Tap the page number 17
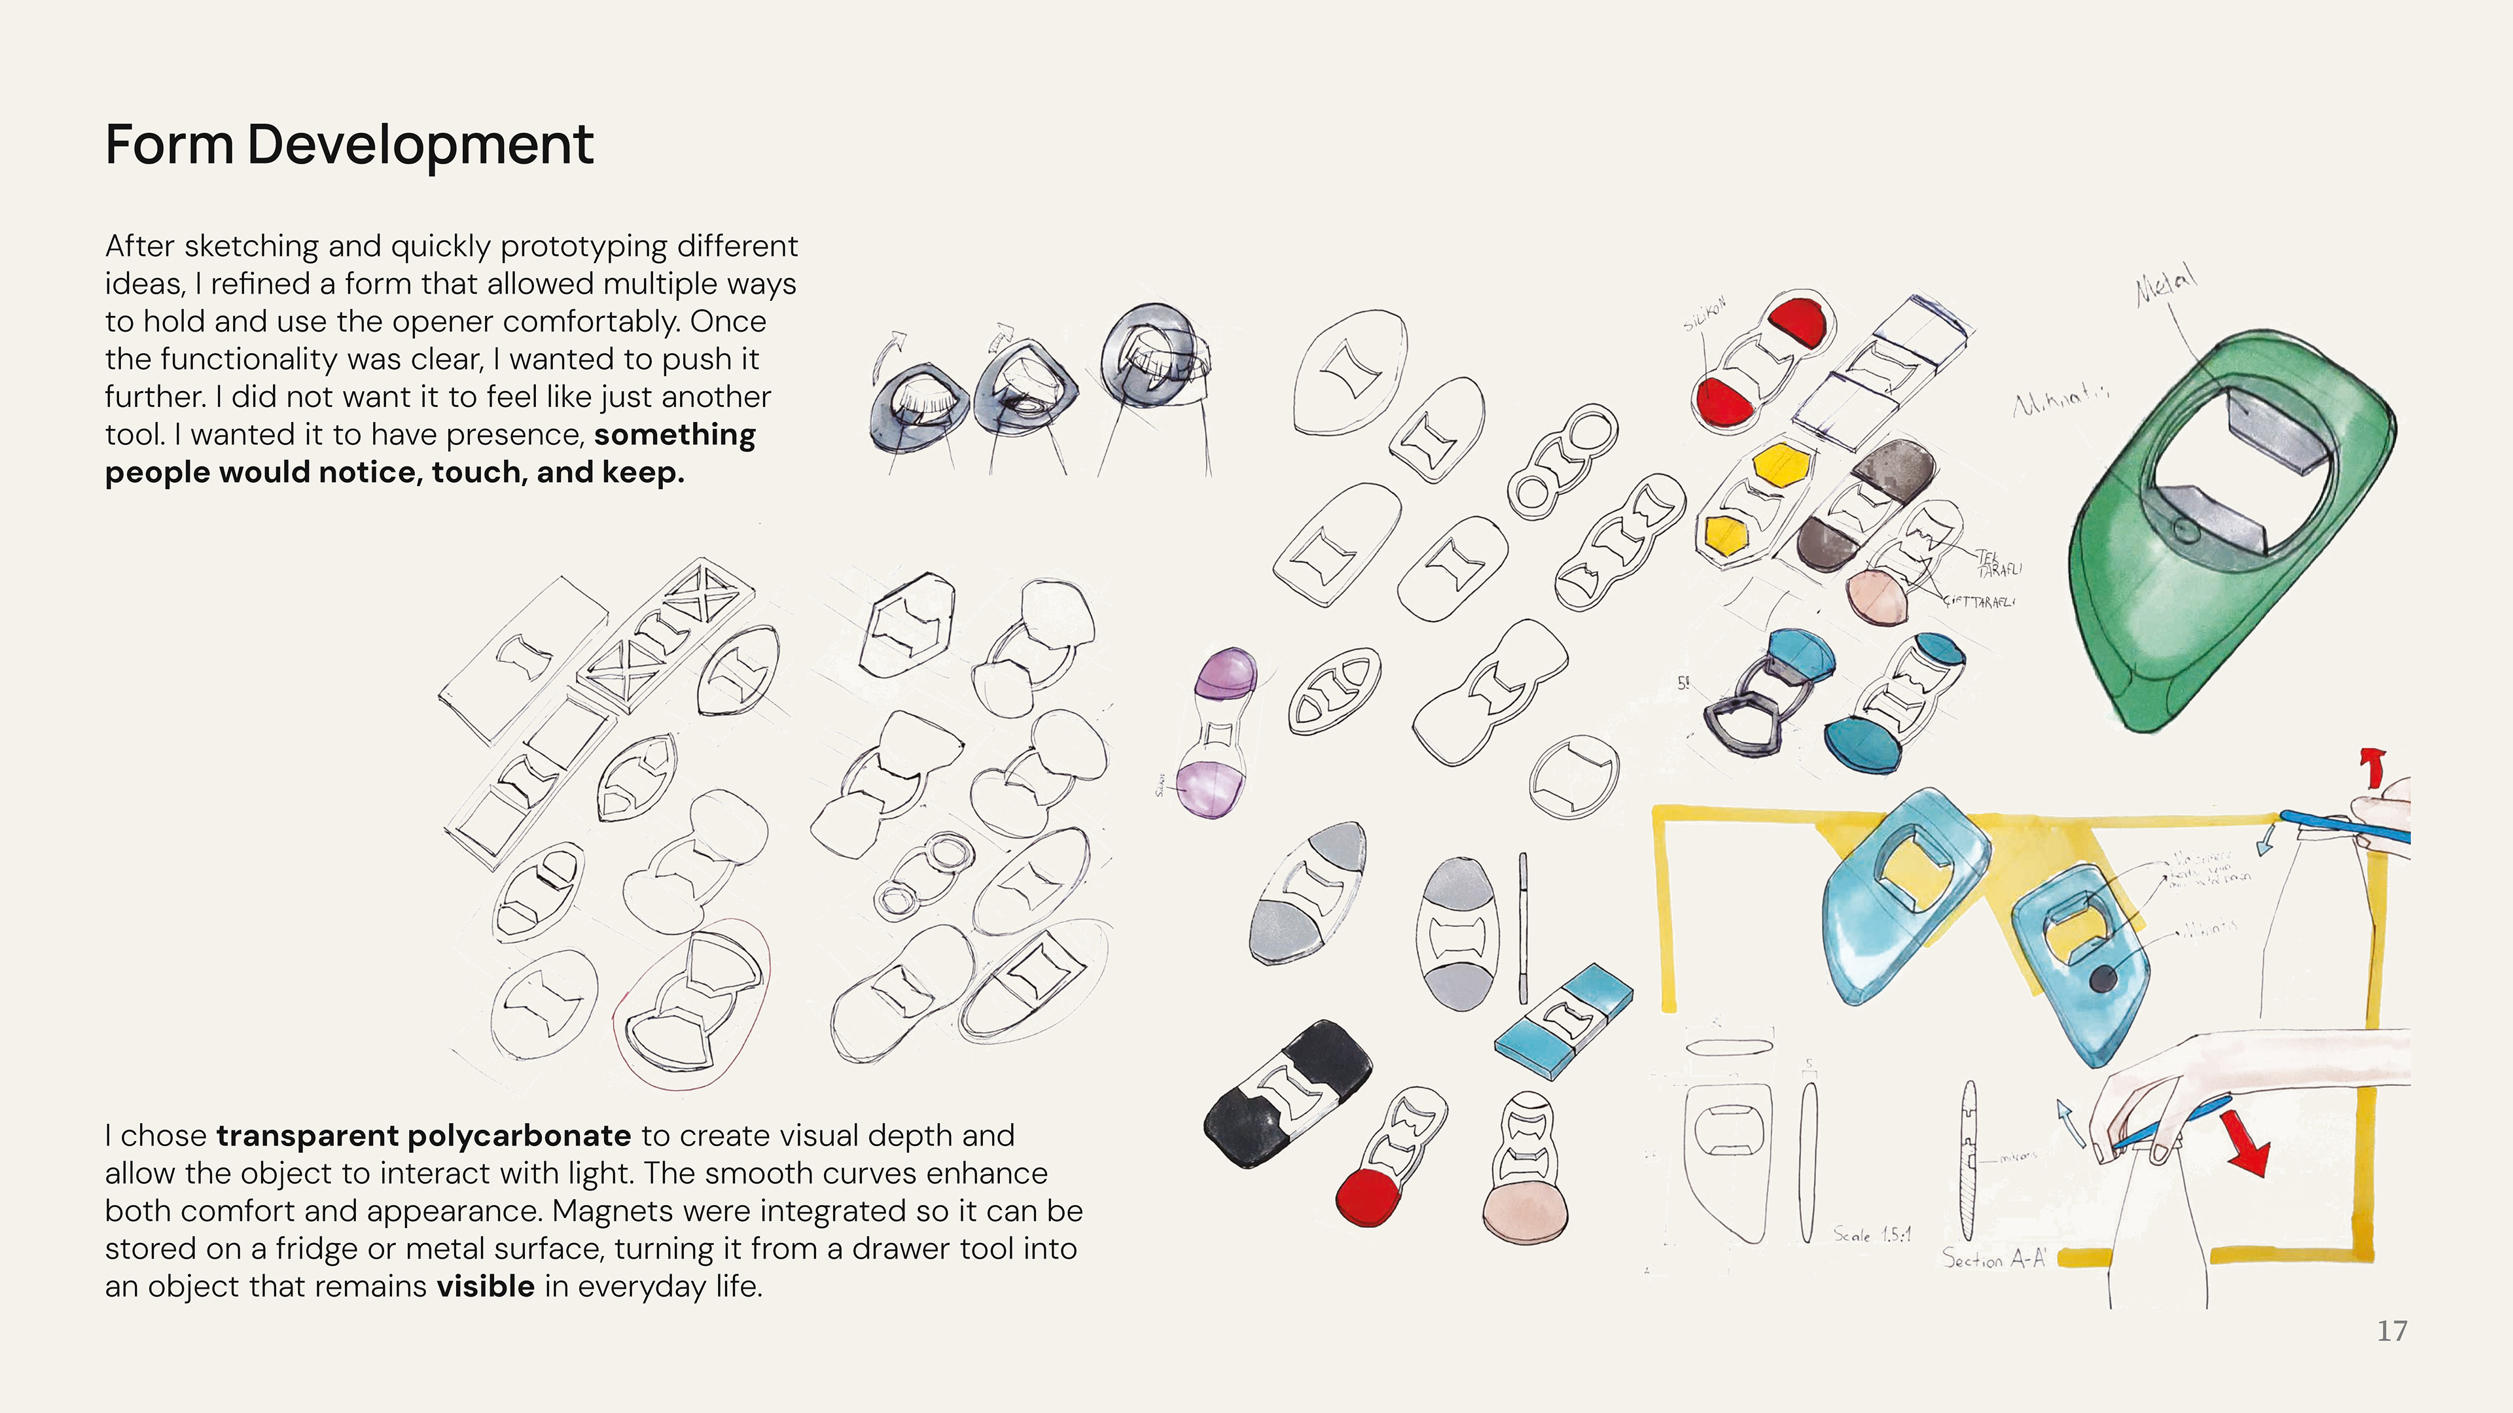coord(2391,1331)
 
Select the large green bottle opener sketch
coord(2234,527)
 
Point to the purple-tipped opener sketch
coord(1215,731)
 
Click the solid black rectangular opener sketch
coord(1286,1092)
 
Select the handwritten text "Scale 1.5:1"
coord(1871,1234)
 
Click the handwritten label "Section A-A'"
coord(1993,1259)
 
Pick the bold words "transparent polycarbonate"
coord(423,1136)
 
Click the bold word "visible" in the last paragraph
coord(485,1287)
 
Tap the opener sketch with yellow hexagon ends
coord(1753,497)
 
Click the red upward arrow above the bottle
coord(2372,765)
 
